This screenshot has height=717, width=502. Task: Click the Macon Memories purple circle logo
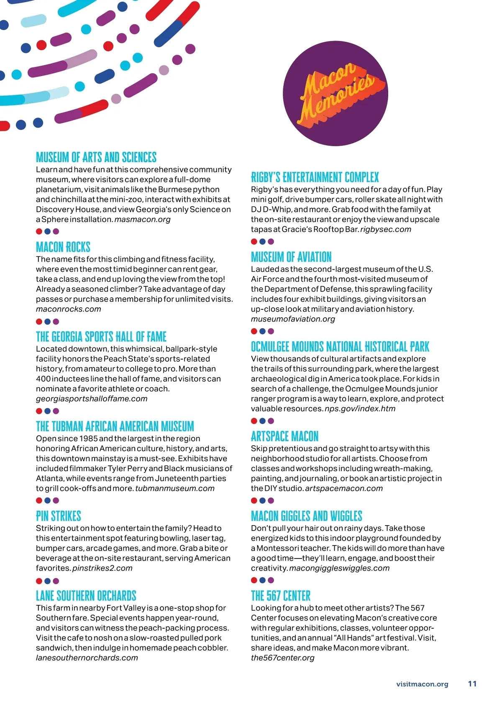(x=336, y=93)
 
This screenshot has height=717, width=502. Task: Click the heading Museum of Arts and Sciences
(x=96, y=158)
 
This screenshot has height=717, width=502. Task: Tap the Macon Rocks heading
(x=63, y=247)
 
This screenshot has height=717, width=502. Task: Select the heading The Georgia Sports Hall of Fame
(x=101, y=337)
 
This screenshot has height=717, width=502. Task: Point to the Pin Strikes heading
(x=59, y=516)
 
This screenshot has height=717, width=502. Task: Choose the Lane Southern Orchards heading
(x=86, y=596)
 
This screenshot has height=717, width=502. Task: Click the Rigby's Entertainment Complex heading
(x=315, y=178)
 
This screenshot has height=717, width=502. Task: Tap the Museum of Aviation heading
(x=291, y=257)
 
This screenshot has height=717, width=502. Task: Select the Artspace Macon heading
(x=284, y=436)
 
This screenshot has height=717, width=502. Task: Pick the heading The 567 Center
(x=281, y=596)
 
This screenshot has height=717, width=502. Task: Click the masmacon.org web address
(x=143, y=219)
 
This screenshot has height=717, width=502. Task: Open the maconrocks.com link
(x=69, y=309)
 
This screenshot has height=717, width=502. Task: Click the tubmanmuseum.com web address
(x=175, y=488)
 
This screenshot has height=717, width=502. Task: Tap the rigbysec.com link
(x=386, y=230)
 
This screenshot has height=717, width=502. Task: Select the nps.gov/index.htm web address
(x=360, y=409)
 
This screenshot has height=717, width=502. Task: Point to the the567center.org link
(x=283, y=658)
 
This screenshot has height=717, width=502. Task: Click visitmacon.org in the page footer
(x=422, y=684)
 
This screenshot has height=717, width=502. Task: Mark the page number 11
(x=472, y=684)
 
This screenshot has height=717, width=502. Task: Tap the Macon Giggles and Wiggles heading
(x=307, y=516)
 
